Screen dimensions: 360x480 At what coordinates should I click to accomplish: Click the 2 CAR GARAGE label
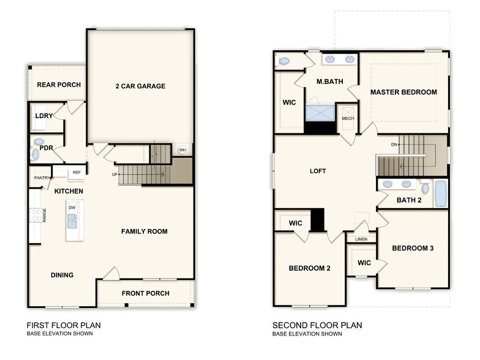(140, 86)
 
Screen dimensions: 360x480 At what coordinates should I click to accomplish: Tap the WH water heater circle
(182, 150)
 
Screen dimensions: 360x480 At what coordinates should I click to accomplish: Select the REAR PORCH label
(59, 84)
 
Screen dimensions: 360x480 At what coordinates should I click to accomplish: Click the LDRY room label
(44, 116)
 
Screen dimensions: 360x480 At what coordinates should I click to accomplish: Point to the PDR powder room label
(46, 148)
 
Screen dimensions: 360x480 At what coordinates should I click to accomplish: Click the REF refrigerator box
(77, 173)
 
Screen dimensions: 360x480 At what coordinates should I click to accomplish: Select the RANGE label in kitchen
(45, 215)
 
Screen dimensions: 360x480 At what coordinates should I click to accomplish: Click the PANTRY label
(42, 178)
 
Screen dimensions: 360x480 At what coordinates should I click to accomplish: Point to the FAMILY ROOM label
(144, 231)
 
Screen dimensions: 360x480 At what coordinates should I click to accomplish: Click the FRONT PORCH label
(145, 293)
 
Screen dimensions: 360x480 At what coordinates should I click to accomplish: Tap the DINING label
(62, 275)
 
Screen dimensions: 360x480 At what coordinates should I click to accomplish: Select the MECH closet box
(348, 116)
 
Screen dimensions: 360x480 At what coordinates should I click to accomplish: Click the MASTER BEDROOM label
(403, 92)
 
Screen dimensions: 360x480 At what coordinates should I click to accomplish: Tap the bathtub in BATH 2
(440, 193)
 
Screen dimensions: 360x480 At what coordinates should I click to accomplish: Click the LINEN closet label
(361, 239)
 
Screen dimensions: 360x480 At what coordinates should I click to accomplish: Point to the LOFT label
(318, 171)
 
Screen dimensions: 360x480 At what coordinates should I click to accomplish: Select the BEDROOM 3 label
(413, 248)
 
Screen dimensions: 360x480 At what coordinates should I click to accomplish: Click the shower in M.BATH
(320, 112)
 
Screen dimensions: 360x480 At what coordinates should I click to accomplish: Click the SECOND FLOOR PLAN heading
(317, 325)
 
